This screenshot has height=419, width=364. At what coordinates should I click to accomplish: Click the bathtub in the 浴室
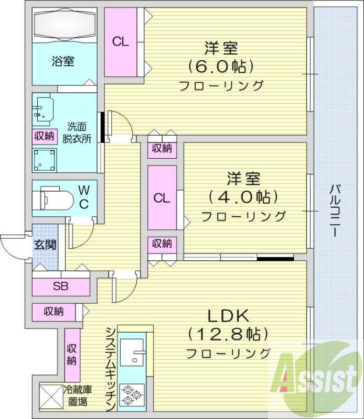64,24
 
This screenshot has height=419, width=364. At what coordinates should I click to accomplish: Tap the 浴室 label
63,61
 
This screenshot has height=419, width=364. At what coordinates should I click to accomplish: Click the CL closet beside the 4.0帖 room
162,198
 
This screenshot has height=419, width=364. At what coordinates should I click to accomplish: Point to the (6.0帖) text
221,67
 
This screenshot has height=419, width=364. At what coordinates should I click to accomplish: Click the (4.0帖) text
243,197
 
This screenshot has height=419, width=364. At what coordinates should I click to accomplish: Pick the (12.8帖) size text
228,334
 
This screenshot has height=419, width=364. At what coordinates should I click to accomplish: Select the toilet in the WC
52,199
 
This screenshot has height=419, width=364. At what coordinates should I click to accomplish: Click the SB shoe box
60,286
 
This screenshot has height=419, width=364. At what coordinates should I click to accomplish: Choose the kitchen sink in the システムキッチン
132,352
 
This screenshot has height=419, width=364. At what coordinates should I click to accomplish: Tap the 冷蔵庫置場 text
79,395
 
